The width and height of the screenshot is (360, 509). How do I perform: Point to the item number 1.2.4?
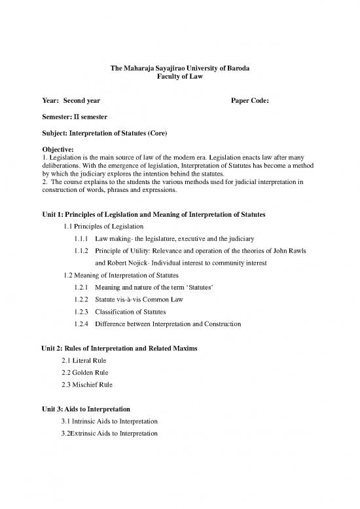tap(82, 324)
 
